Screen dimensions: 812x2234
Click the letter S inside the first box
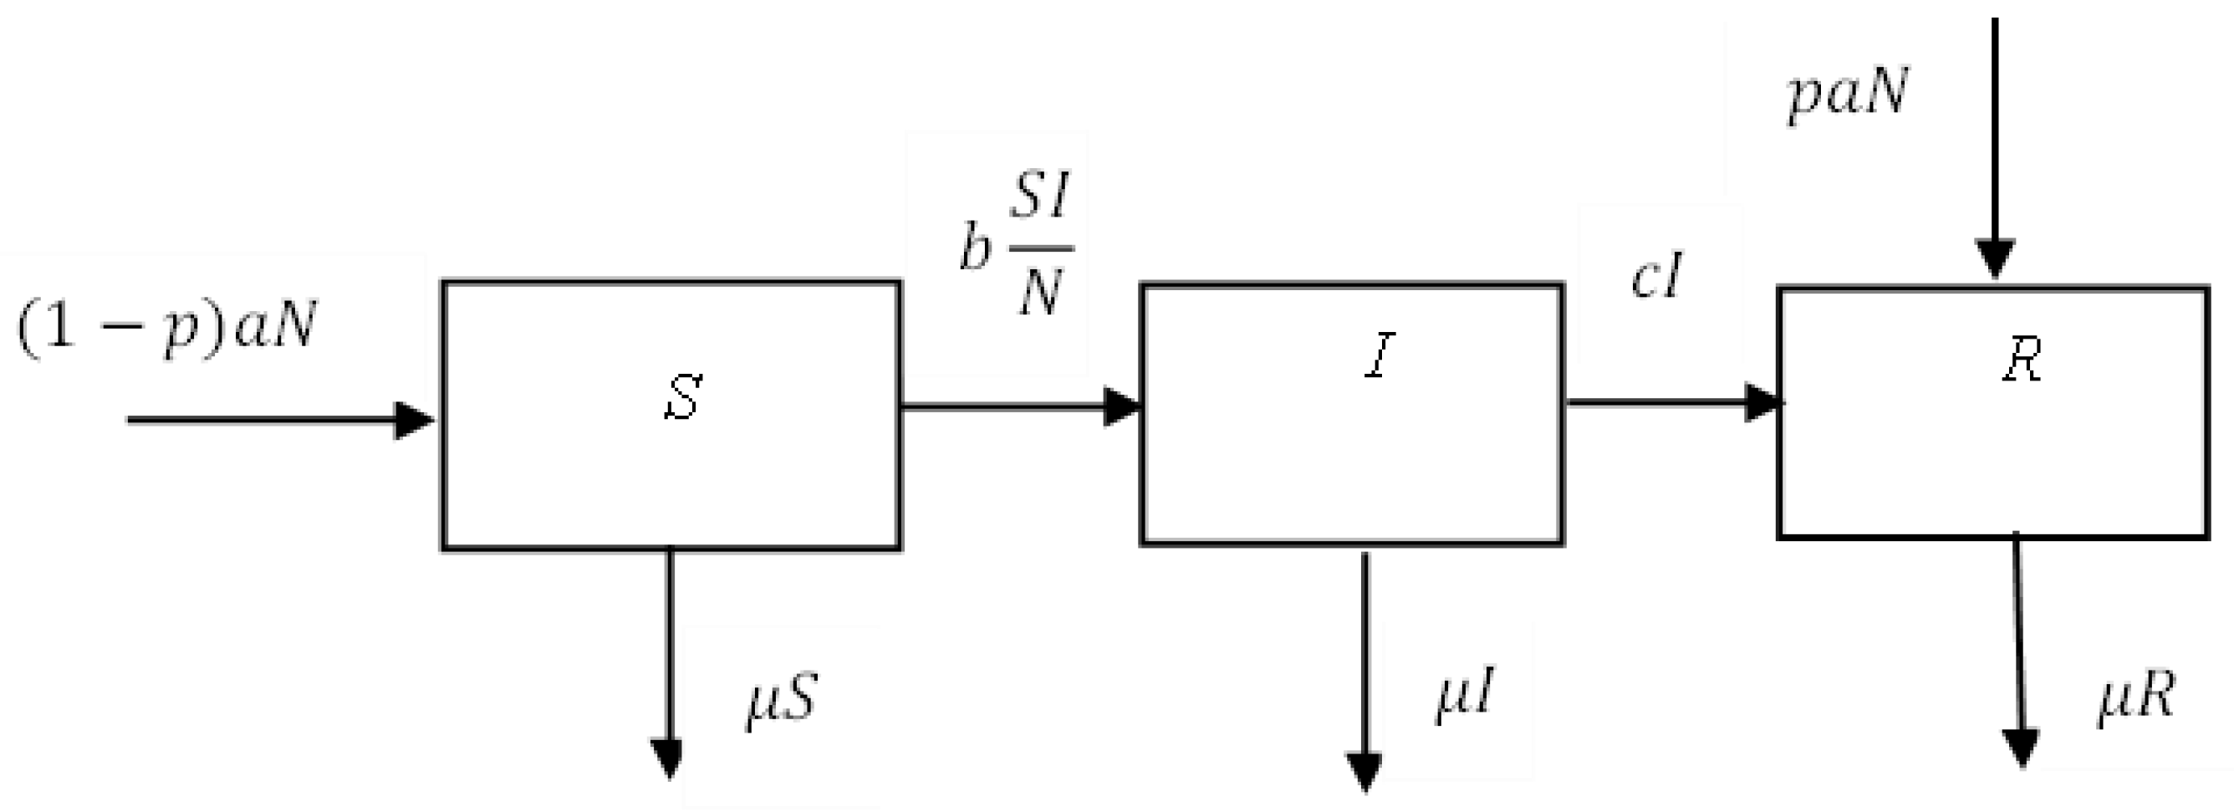coord(682,398)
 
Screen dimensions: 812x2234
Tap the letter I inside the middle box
coord(1380,355)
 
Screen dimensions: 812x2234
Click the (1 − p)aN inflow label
coord(166,329)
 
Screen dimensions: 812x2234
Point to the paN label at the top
coord(1848,94)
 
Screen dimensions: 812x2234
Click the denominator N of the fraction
coord(1041,293)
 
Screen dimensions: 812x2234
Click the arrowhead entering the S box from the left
coord(414,421)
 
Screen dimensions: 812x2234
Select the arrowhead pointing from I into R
coord(1763,403)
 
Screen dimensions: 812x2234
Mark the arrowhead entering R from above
coord(1995,258)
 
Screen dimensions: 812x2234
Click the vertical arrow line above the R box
coord(1995,130)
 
